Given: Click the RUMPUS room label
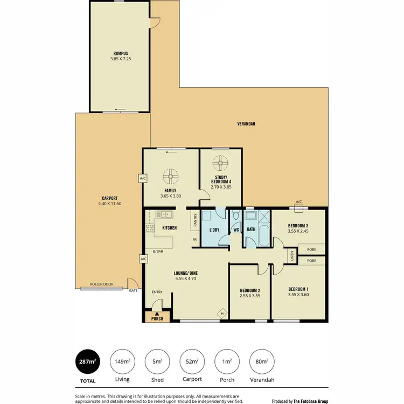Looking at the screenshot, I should click(x=120, y=53).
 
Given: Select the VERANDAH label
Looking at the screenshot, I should click(x=246, y=124).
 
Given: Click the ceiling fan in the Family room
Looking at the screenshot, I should click(x=171, y=175).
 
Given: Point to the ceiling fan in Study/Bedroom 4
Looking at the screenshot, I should click(x=220, y=163).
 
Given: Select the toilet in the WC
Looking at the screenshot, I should click(x=235, y=218).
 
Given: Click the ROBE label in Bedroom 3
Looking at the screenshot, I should click(x=311, y=249).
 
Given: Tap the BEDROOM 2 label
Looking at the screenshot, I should click(x=250, y=291).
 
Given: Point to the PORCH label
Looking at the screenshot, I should click(x=157, y=318).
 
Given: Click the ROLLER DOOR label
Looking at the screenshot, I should click(x=100, y=284).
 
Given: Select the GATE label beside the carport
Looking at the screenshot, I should click(x=134, y=291).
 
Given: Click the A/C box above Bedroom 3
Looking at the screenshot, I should click(x=298, y=203).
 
